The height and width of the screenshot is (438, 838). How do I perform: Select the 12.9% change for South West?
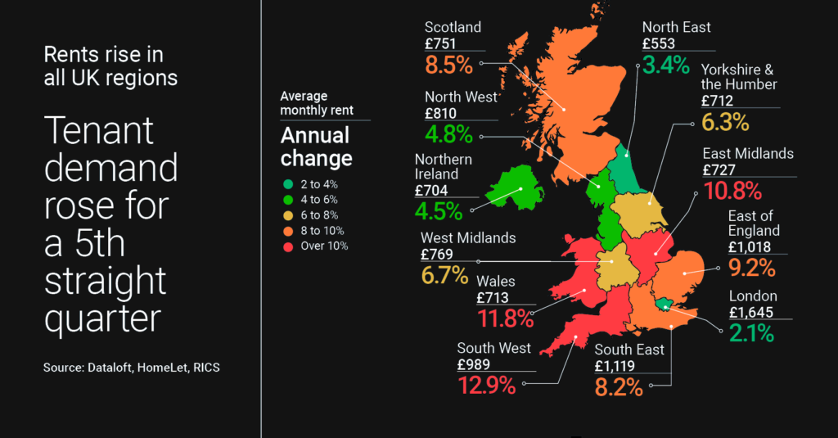point(486,384)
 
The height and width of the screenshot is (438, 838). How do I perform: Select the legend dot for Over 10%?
point(286,246)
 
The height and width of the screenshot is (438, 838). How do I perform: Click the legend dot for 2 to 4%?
point(286,184)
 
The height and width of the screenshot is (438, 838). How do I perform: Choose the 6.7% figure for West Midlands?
point(445,275)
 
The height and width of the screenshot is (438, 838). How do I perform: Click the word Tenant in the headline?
point(98,132)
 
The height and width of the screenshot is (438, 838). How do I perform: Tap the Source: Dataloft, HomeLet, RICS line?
point(132,368)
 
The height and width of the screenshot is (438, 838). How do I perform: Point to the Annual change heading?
point(316,146)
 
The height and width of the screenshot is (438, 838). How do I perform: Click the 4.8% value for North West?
point(449,133)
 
